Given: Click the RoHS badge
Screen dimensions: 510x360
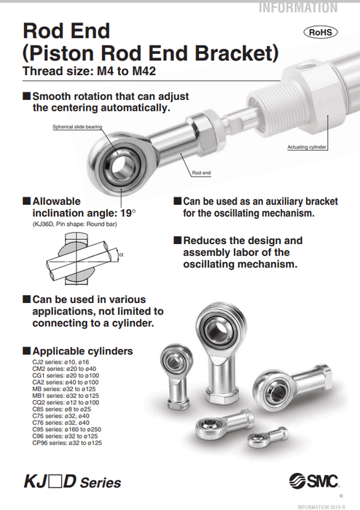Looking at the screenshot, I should [321, 33].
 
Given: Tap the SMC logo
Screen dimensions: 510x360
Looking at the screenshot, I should [314, 481].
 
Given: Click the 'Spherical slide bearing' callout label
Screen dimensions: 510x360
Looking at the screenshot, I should [77, 126].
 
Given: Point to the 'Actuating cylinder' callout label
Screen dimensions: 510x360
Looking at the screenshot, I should [307, 147].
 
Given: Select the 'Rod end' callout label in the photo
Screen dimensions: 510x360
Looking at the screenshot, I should [201, 173].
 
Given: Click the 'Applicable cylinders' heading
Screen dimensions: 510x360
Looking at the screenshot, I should [82, 351].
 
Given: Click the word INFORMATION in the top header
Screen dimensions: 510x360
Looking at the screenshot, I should [298, 7].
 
